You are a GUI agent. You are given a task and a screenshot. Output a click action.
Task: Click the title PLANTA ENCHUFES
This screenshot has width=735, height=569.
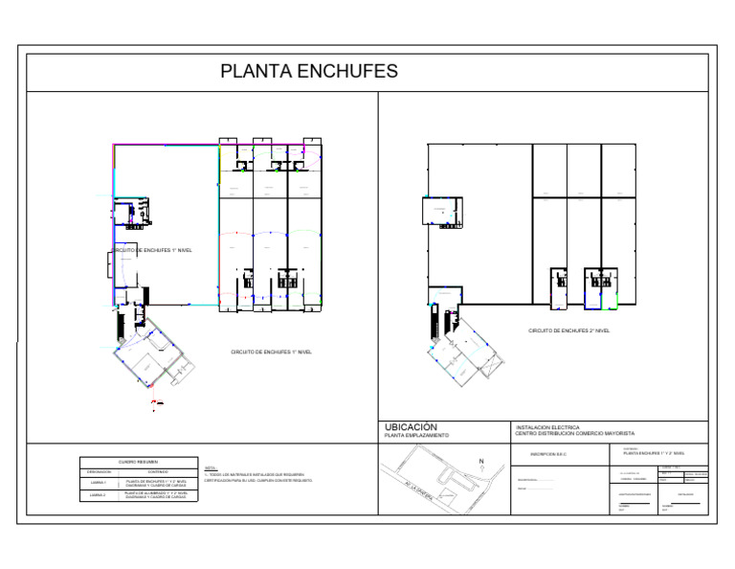309,72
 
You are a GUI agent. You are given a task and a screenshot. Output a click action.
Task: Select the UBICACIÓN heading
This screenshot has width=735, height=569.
411,427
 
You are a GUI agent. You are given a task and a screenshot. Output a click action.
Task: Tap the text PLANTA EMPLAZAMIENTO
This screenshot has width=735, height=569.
415,436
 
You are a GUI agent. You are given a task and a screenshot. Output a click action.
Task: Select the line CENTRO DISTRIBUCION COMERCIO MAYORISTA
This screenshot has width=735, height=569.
574,434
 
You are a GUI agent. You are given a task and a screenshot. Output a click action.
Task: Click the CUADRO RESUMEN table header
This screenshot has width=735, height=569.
138,462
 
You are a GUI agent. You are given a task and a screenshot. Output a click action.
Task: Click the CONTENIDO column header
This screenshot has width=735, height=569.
158,471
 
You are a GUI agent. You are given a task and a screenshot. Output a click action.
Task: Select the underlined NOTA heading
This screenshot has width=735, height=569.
211,467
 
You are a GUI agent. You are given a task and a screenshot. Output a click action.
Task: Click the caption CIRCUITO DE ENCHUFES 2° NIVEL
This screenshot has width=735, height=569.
568,331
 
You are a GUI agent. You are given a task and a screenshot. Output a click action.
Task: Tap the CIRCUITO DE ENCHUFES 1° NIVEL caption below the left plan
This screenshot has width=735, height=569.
271,352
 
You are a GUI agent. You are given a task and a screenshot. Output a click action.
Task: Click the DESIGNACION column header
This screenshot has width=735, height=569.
100,471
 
